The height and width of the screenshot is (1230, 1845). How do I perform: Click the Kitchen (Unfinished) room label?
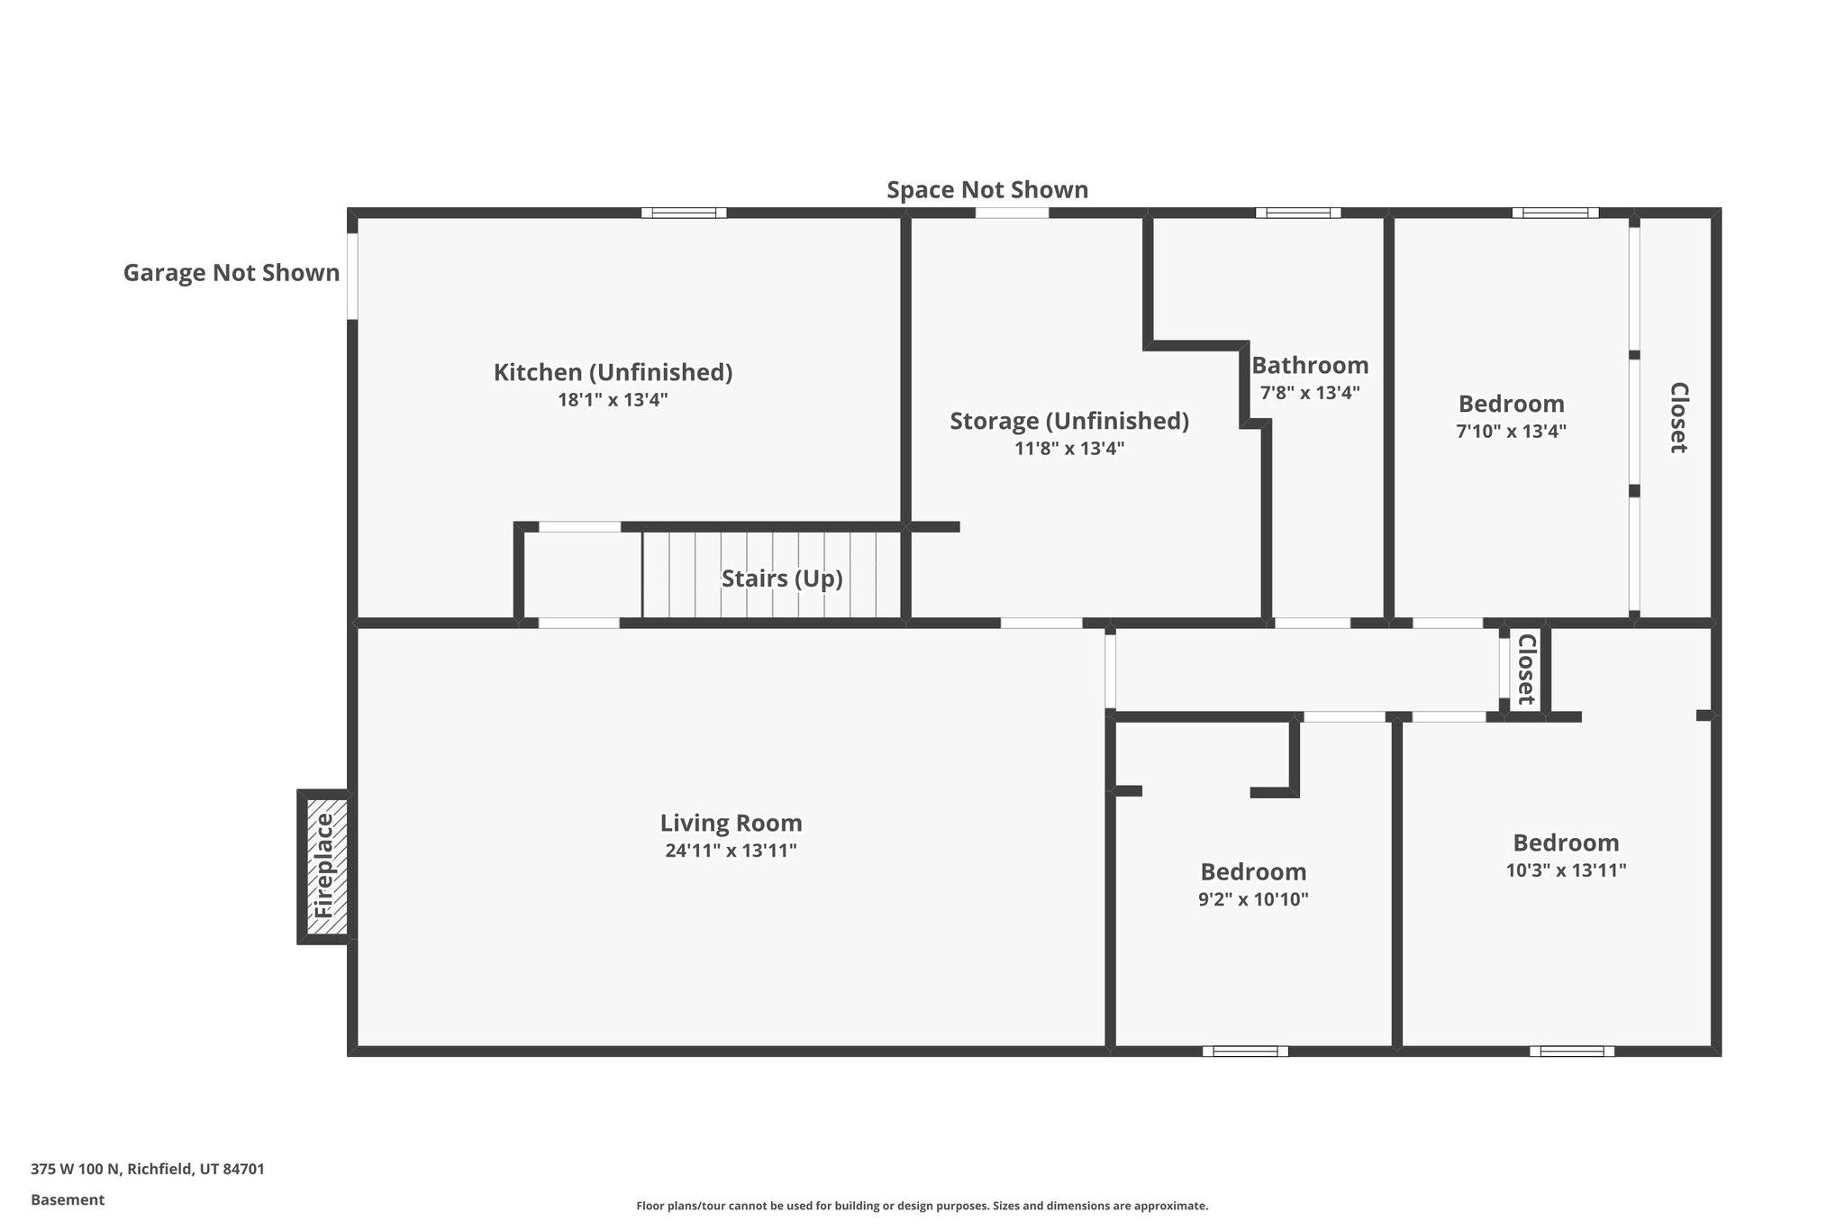pyautogui.click(x=613, y=372)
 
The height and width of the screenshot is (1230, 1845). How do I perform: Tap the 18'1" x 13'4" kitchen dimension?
pyautogui.click(x=613, y=400)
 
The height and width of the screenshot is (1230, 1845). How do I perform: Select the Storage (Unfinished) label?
pyautogui.click(x=1069, y=421)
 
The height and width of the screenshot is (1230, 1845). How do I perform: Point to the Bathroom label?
pyautogui.click(x=1310, y=365)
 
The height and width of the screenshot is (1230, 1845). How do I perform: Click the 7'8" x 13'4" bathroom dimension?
pyautogui.click(x=1310, y=393)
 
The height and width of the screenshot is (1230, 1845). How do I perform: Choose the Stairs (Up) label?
pyautogui.click(x=782, y=579)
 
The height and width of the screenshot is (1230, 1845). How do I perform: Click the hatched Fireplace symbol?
pyautogui.click(x=324, y=866)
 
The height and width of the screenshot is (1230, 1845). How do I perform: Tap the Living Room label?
pyautogui.click(x=731, y=823)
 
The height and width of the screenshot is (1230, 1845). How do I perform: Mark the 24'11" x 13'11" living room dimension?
pyautogui.click(x=731, y=851)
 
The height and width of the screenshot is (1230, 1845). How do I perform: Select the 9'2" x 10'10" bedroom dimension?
pyautogui.click(x=1253, y=899)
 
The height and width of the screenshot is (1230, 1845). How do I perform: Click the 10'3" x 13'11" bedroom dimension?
pyautogui.click(x=1566, y=870)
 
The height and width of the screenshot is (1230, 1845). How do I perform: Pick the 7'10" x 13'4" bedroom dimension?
pyautogui.click(x=1511, y=432)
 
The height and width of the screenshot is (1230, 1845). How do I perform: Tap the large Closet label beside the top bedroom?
pyautogui.click(x=1678, y=417)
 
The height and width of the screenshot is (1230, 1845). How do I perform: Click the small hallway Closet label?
pyautogui.click(x=1525, y=670)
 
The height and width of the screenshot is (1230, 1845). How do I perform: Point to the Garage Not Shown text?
pyautogui.click(x=232, y=273)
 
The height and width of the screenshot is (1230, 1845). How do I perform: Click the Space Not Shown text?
pyautogui.click(x=987, y=190)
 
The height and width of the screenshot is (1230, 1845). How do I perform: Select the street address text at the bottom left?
pyautogui.click(x=148, y=1170)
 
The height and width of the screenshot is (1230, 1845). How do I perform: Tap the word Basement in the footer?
pyautogui.click(x=68, y=1200)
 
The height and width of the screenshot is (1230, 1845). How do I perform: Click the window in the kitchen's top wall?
pyautogui.click(x=684, y=214)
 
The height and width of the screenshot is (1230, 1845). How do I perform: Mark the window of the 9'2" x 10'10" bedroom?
pyautogui.click(x=1245, y=1051)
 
